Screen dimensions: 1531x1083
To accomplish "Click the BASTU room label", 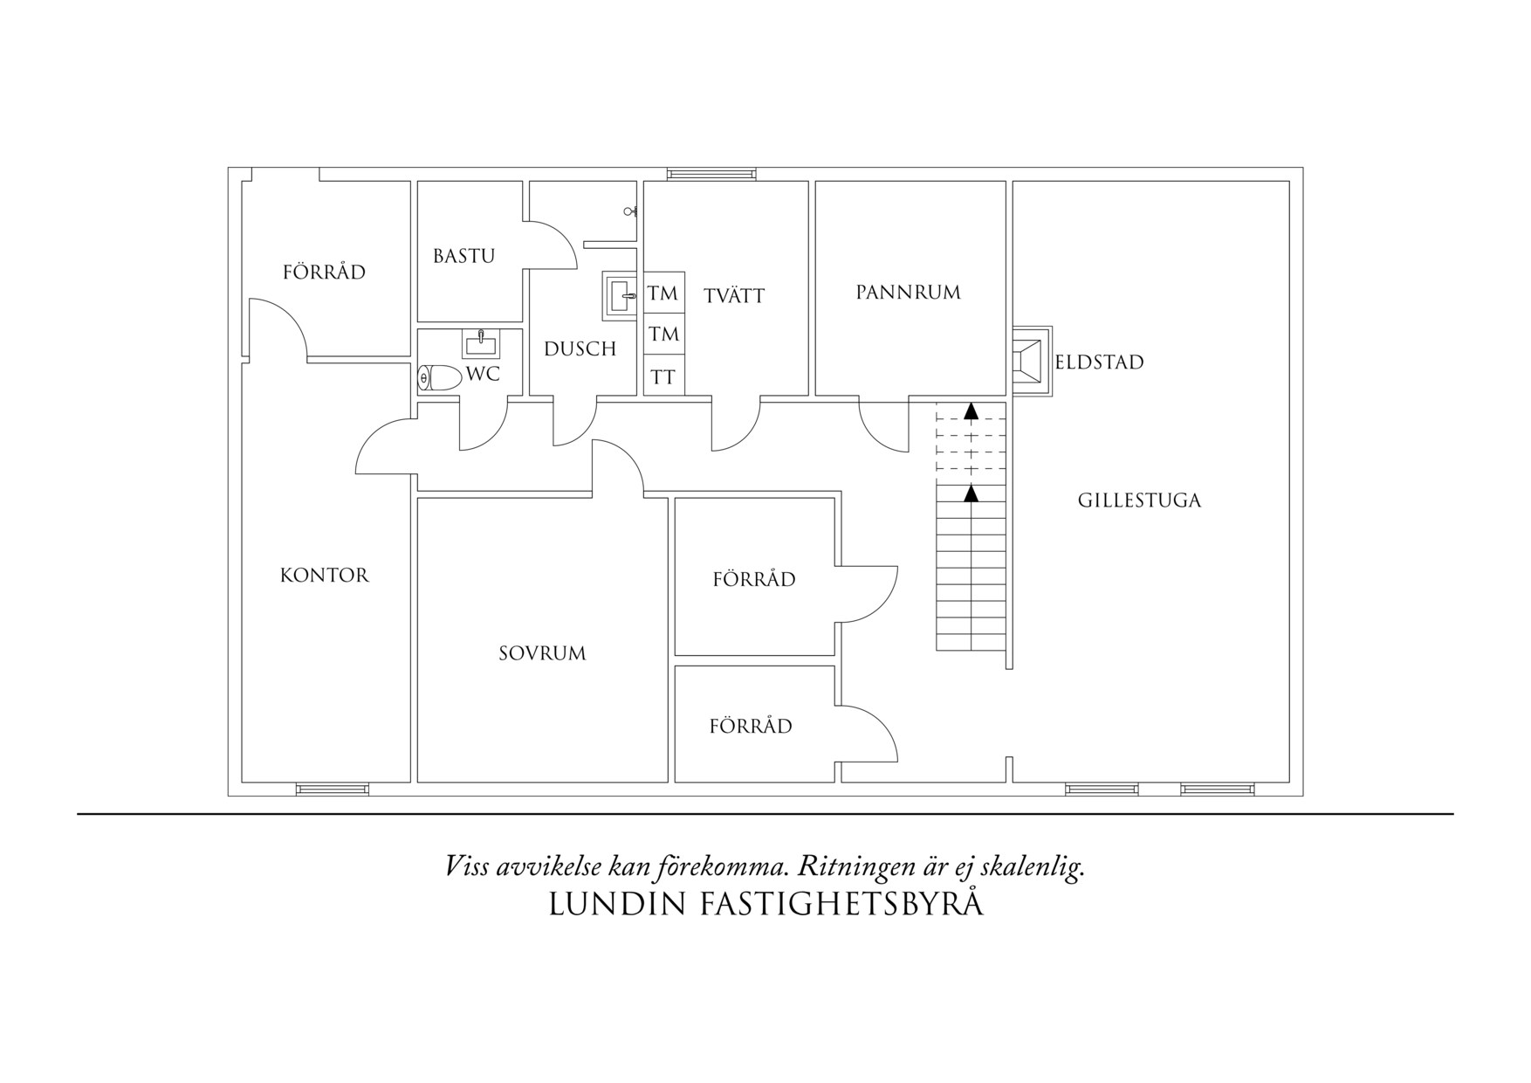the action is (463, 256).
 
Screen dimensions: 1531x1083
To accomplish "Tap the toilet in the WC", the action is (439, 378).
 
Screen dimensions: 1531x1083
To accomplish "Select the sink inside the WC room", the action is (481, 343).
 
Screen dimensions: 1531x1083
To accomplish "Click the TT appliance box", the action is (663, 377).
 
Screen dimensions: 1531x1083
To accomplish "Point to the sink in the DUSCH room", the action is (621, 295).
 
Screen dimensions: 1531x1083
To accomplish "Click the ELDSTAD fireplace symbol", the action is (1032, 361).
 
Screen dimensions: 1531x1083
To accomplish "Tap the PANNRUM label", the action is (908, 293).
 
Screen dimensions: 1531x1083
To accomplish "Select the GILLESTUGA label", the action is (1139, 500).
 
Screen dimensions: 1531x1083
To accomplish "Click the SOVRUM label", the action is (542, 653).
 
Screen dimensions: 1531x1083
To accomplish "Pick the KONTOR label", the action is (325, 576).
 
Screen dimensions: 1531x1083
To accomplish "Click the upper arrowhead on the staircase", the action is (971, 410).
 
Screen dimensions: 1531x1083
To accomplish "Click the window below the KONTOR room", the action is (333, 790).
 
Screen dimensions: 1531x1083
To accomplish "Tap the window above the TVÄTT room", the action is (711, 174).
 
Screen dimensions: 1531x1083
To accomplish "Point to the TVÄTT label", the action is (734, 296).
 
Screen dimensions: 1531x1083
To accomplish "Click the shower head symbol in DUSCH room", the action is (630, 211).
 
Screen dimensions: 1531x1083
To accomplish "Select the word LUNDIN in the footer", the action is (616, 905).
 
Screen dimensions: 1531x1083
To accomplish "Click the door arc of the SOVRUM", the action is (619, 466).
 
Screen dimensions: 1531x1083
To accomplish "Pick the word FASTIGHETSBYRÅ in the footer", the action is (842, 903).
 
